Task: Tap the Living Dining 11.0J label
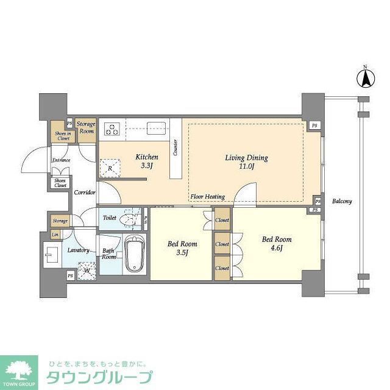point(246,162)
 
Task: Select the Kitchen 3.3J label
point(146,161)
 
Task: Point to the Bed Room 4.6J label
point(277,244)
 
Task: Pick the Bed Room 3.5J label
point(182,248)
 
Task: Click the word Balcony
point(342,201)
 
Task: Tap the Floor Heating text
point(208,197)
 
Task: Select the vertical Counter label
point(175,147)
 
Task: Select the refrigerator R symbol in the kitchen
point(110,168)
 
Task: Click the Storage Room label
point(86,127)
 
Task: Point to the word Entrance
point(61,160)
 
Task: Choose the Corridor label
point(84,192)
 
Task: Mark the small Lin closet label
point(55,235)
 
